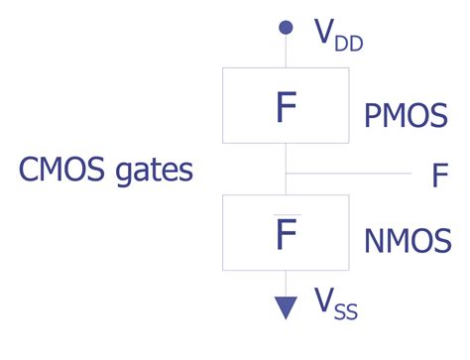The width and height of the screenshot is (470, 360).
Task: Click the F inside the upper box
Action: coord(286,108)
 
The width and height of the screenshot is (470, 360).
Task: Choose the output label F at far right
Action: coord(440,176)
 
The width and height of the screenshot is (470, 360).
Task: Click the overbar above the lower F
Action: coord(285,212)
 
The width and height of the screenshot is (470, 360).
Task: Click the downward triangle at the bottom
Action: coord(286,307)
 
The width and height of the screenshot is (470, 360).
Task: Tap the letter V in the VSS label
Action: coord(324,300)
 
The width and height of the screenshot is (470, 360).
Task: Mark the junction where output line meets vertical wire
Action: coord(286,173)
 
